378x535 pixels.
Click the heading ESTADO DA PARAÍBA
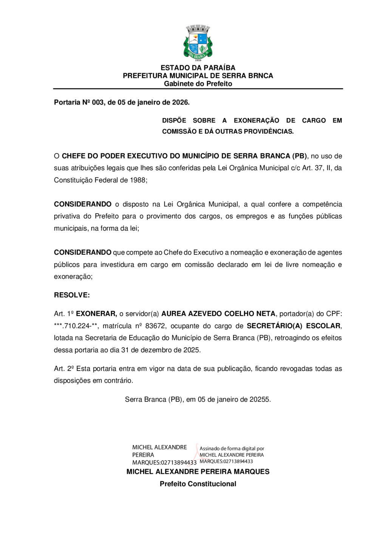click(198, 68)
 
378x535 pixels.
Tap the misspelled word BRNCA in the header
click(261, 76)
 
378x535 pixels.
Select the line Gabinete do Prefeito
click(198, 84)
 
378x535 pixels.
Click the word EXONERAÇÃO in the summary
click(256, 121)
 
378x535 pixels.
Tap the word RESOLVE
click(72, 295)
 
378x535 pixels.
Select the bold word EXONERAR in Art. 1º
click(96, 314)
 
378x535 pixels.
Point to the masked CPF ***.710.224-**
click(76, 326)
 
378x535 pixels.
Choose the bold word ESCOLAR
click(323, 326)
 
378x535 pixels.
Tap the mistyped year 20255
click(260, 400)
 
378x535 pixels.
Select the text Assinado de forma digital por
click(232, 449)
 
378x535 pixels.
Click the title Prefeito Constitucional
click(198, 484)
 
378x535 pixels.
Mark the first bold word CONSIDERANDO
click(82, 205)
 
